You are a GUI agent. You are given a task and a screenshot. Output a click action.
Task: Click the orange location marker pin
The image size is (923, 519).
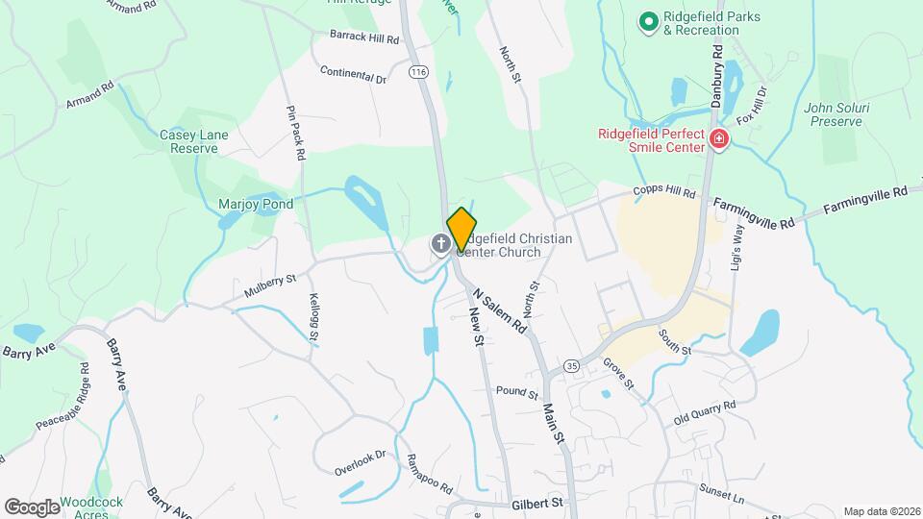pos(462,229)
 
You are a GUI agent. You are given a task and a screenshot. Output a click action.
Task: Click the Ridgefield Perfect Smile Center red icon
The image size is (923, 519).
pos(717,141)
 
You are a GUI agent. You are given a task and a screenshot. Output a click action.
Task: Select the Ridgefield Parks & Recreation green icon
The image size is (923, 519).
pos(648,20)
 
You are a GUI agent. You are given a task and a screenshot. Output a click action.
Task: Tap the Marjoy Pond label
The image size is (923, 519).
pos(255,204)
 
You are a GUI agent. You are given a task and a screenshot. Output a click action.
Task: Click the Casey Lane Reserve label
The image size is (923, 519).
pos(193,141)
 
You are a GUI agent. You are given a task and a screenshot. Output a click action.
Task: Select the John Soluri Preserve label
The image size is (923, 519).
pos(838,115)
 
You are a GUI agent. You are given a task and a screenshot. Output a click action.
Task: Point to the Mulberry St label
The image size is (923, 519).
pos(270,284)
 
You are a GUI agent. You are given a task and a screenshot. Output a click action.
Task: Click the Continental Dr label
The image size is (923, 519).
pos(353,74)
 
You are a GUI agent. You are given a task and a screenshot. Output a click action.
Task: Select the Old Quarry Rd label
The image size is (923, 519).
pos(705,413)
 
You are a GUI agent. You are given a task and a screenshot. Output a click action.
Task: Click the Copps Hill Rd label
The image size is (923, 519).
pos(662,194)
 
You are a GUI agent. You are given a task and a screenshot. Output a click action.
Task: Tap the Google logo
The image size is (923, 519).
pos(32,507)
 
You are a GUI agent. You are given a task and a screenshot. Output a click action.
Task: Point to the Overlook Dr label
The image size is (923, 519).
pos(360,461)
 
